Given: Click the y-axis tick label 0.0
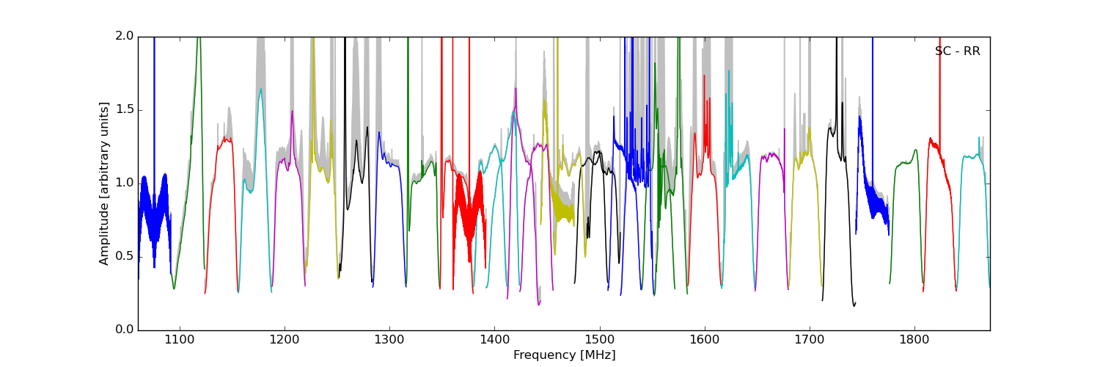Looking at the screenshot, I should (x=125, y=330).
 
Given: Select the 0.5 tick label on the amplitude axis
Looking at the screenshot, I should (x=125, y=256).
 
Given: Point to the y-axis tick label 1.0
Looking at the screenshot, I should (x=125, y=183).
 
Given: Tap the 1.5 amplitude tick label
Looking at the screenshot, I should (x=125, y=109).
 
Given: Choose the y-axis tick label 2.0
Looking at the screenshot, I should (x=125, y=36).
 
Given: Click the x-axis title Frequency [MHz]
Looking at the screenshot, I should (x=564, y=355).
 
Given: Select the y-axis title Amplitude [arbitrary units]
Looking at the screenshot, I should (x=104, y=183).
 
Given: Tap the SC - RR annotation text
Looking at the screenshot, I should (x=957, y=51).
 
